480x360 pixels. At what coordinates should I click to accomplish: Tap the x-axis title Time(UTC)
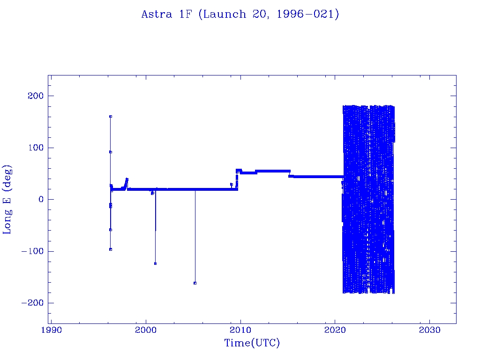tap(252, 343)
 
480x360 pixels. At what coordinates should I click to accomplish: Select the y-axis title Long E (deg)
tap(7, 199)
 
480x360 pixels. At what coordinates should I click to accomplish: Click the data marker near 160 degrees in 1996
tap(111, 116)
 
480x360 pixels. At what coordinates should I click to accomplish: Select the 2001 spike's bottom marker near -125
tap(155, 263)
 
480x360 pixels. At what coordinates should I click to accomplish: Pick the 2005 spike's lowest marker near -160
tap(195, 283)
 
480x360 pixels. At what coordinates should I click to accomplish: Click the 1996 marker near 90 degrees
tap(111, 152)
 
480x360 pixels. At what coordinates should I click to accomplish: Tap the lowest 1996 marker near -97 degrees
tap(111, 249)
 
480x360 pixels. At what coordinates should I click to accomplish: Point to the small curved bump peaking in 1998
tap(127, 180)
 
